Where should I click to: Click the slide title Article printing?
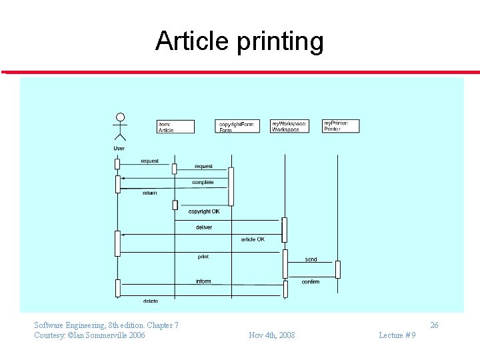point(239,41)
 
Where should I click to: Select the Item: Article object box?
point(175,127)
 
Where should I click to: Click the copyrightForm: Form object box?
point(238,126)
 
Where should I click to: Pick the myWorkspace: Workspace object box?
point(290,126)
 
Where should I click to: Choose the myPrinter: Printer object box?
point(341,125)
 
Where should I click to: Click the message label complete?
point(203,182)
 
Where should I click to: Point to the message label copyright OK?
point(204,211)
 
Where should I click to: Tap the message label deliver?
point(204,227)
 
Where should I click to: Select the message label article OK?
point(253,239)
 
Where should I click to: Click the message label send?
point(311,259)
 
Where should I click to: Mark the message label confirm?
point(311,282)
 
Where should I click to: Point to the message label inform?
point(203,281)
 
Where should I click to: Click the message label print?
point(203,257)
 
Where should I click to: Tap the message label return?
point(149,193)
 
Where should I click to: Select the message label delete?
point(150,301)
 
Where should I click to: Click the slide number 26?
point(434,325)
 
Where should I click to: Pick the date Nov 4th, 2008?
point(271,335)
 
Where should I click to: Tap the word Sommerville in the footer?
point(105,335)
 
